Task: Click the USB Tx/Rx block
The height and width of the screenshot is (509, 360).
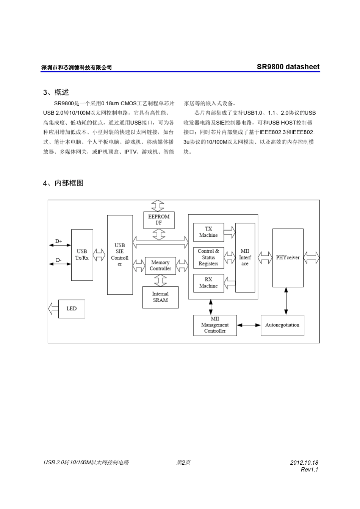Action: pyautogui.click(x=82, y=254)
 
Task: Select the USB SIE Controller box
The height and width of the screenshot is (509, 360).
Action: pyautogui.click(x=120, y=254)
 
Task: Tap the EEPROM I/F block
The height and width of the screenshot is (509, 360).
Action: pyautogui.click(x=159, y=220)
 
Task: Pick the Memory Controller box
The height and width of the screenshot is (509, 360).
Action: pyautogui.click(x=160, y=265)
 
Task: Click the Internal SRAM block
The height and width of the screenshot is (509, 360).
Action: pyautogui.click(x=160, y=297)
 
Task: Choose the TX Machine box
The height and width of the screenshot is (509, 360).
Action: pyautogui.click(x=208, y=232)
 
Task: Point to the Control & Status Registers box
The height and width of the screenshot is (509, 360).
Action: pyautogui.click(x=208, y=258)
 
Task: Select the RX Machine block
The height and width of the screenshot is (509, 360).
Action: pyautogui.click(x=208, y=283)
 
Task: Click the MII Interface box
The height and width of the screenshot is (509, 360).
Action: pyautogui.click(x=245, y=258)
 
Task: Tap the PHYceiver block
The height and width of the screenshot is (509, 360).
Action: pyautogui.click(x=288, y=258)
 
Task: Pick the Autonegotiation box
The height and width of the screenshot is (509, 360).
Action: pyautogui.click(x=282, y=325)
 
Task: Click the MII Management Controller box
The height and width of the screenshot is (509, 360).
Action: pyautogui.click(x=215, y=325)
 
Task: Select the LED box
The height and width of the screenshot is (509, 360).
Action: pyautogui.click(x=72, y=309)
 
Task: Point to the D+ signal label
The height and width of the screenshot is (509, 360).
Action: pyautogui.click(x=59, y=241)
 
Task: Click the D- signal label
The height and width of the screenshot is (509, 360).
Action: pyautogui.click(x=59, y=260)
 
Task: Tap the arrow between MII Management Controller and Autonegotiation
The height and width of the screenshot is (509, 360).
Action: pyautogui.click(x=249, y=325)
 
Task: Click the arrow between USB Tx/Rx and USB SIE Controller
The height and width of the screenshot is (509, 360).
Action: pyautogui.click(x=100, y=255)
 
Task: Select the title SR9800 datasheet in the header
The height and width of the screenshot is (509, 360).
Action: pyautogui.click(x=288, y=67)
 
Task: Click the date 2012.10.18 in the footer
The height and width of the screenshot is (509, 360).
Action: pyautogui.click(x=304, y=462)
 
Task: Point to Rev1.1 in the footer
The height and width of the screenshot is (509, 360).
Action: pyautogui.click(x=309, y=470)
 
